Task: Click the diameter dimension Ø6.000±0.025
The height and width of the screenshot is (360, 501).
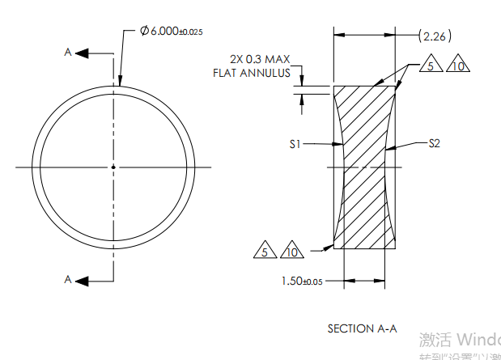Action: click(x=171, y=31)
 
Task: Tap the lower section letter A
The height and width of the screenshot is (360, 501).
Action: click(x=68, y=279)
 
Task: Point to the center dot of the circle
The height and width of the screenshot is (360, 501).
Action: click(x=113, y=167)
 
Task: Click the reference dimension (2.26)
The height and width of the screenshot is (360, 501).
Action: click(x=435, y=36)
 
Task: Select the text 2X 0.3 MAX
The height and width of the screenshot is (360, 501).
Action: click(x=259, y=60)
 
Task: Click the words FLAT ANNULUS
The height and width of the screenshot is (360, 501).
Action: click(x=252, y=73)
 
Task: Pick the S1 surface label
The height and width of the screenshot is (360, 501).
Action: click(x=295, y=145)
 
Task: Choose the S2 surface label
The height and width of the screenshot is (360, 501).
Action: click(x=434, y=143)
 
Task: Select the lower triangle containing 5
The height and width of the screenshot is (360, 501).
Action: click(x=265, y=252)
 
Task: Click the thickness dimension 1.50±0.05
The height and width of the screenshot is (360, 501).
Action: click(x=300, y=281)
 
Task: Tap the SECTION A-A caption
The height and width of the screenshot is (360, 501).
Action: click(x=362, y=328)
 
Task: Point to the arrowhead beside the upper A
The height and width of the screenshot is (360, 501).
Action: click(x=83, y=53)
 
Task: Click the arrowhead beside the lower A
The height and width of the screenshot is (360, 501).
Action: click(x=83, y=280)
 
